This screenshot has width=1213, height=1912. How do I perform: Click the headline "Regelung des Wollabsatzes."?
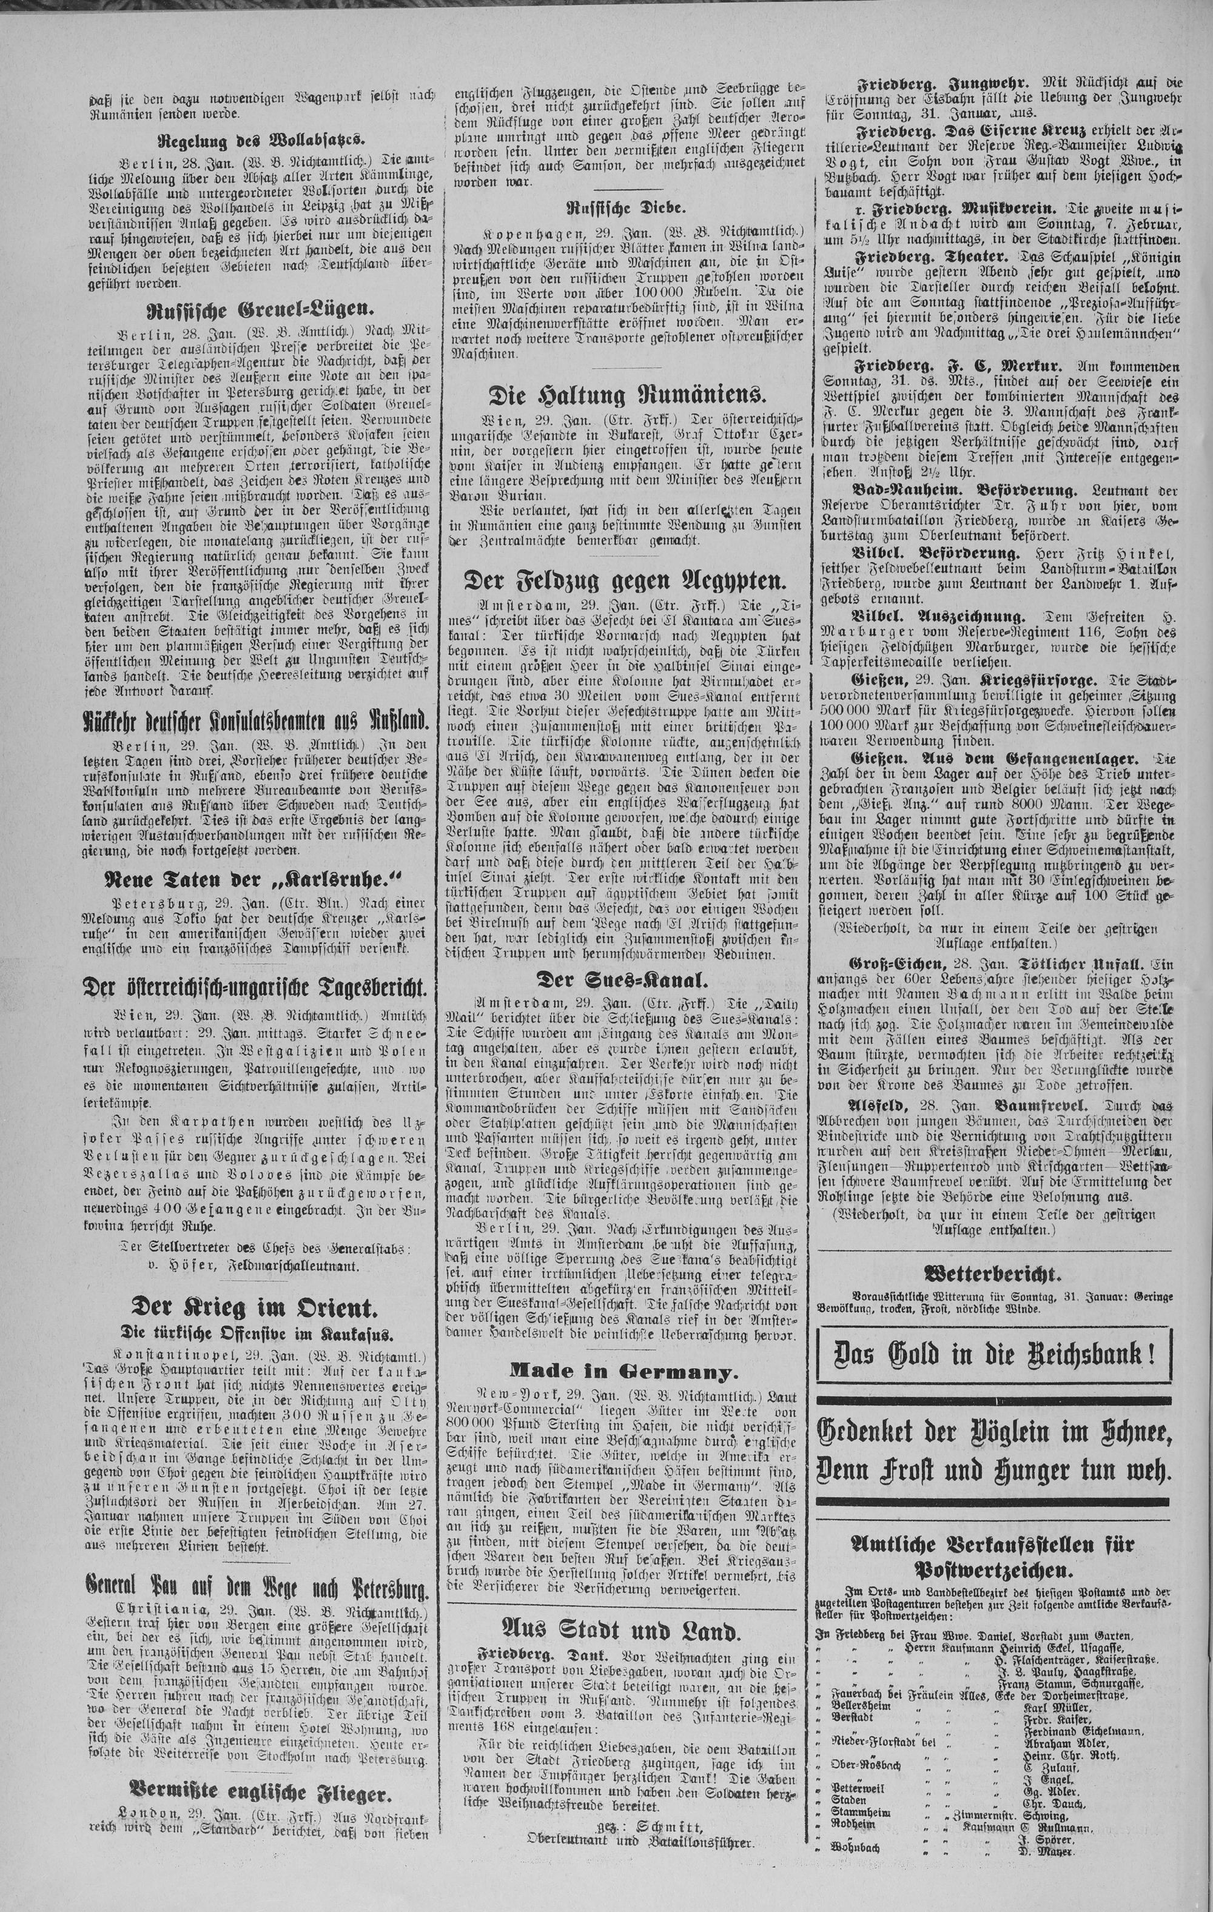262,142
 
